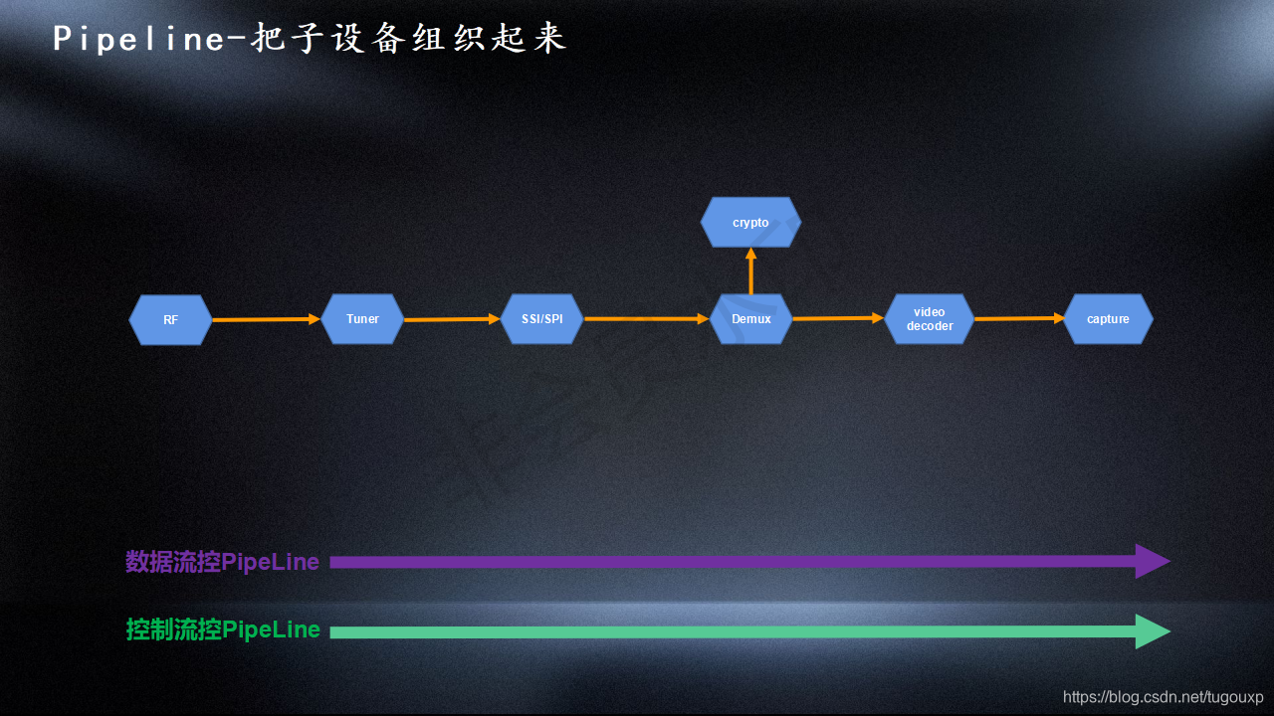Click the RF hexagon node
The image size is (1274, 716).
coord(170,319)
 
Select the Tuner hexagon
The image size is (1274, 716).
coord(362,319)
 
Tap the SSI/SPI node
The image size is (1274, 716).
coord(542,319)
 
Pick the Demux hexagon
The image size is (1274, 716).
coord(750,319)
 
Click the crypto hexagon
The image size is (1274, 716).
coord(750,223)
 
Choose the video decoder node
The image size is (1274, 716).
coord(929,319)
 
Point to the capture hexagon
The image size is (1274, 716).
coord(1108,319)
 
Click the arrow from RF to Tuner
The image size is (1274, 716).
coord(266,319)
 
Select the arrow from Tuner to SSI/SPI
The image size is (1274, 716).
coord(452,319)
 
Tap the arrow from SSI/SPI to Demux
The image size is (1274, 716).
coord(646,319)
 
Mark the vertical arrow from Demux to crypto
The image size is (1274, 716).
coord(750,270)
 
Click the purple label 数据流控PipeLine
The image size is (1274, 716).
coord(222,562)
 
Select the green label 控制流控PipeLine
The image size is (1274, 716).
coord(223,629)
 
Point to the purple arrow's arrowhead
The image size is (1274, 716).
coord(1153,561)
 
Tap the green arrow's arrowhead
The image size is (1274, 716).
coord(1153,631)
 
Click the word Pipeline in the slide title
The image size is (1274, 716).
coord(140,39)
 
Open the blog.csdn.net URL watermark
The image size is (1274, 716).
coord(1163,697)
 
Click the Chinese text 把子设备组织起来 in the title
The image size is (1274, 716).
coord(409,39)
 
